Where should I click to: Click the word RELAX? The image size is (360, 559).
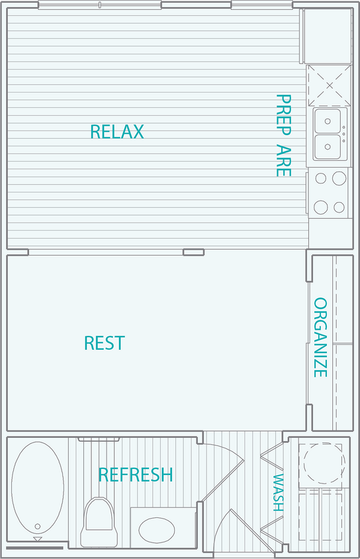[x=116, y=132]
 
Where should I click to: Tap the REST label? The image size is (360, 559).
[x=105, y=343]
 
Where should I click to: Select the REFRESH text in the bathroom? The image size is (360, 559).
[x=136, y=475]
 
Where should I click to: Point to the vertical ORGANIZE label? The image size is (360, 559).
[x=320, y=337]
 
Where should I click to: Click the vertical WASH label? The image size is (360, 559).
[x=279, y=493]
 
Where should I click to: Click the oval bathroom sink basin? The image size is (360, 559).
[x=157, y=529]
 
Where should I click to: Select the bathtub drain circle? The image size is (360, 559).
[x=38, y=527]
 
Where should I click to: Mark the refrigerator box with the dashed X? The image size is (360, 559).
[x=329, y=85]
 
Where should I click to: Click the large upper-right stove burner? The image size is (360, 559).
[x=339, y=178]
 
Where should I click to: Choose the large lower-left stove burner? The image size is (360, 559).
[x=321, y=207]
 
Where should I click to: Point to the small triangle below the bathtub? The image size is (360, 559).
[x=37, y=540]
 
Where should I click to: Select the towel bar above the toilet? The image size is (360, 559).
[x=99, y=439]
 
